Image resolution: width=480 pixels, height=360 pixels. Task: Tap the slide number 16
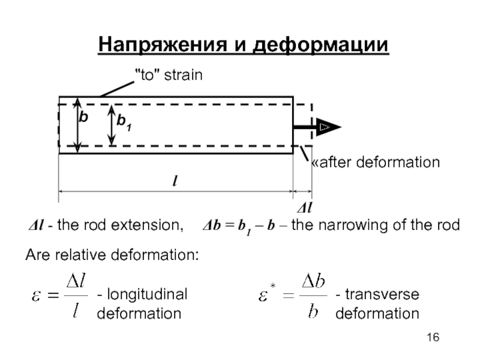pyautogui.click(x=434, y=340)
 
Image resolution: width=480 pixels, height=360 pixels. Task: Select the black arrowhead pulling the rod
pyautogui.click(x=328, y=127)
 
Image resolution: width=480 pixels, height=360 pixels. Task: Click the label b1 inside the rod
pyautogui.click(x=125, y=123)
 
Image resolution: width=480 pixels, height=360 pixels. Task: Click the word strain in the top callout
pyautogui.click(x=184, y=76)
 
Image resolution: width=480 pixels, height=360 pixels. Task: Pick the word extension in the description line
pyautogui.click(x=151, y=226)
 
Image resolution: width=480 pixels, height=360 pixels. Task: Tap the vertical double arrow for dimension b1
pyautogui.click(x=112, y=125)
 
